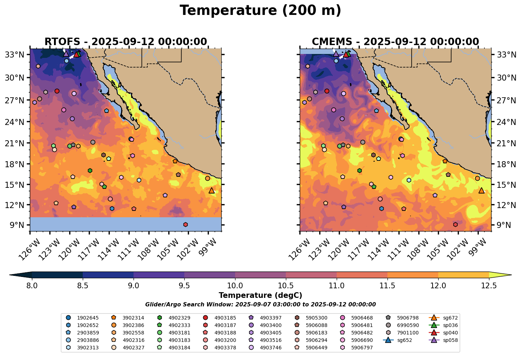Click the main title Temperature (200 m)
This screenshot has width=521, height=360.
(x=260, y=11)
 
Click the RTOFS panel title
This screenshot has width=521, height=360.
(x=125, y=42)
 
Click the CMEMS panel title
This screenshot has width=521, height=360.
(x=395, y=42)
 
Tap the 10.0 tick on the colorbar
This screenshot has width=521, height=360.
(x=235, y=285)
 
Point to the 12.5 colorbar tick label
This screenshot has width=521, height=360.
(x=489, y=285)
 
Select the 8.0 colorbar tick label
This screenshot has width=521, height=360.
(x=32, y=285)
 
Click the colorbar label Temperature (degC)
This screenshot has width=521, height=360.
(x=260, y=295)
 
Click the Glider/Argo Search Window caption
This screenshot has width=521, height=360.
(x=260, y=305)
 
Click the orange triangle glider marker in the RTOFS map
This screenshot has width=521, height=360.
(x=212, y=191)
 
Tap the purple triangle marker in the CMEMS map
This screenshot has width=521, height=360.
(x=336, y=54)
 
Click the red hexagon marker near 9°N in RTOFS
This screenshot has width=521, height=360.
(x=185, y=224)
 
